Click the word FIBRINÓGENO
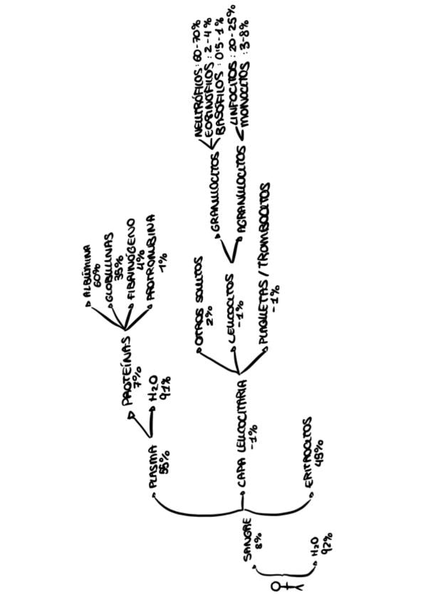[x=131, y=264]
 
